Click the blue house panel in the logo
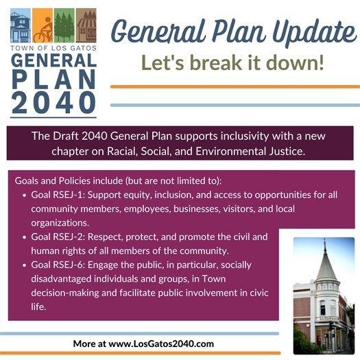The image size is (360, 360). click(x=21, y=25)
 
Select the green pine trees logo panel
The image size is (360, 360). click(x=64, y=25)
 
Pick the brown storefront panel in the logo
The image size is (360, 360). click(x=86, y=25)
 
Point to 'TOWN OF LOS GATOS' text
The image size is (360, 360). click(x=53, y=48)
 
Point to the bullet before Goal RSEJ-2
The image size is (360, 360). click(x=25, y=237)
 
